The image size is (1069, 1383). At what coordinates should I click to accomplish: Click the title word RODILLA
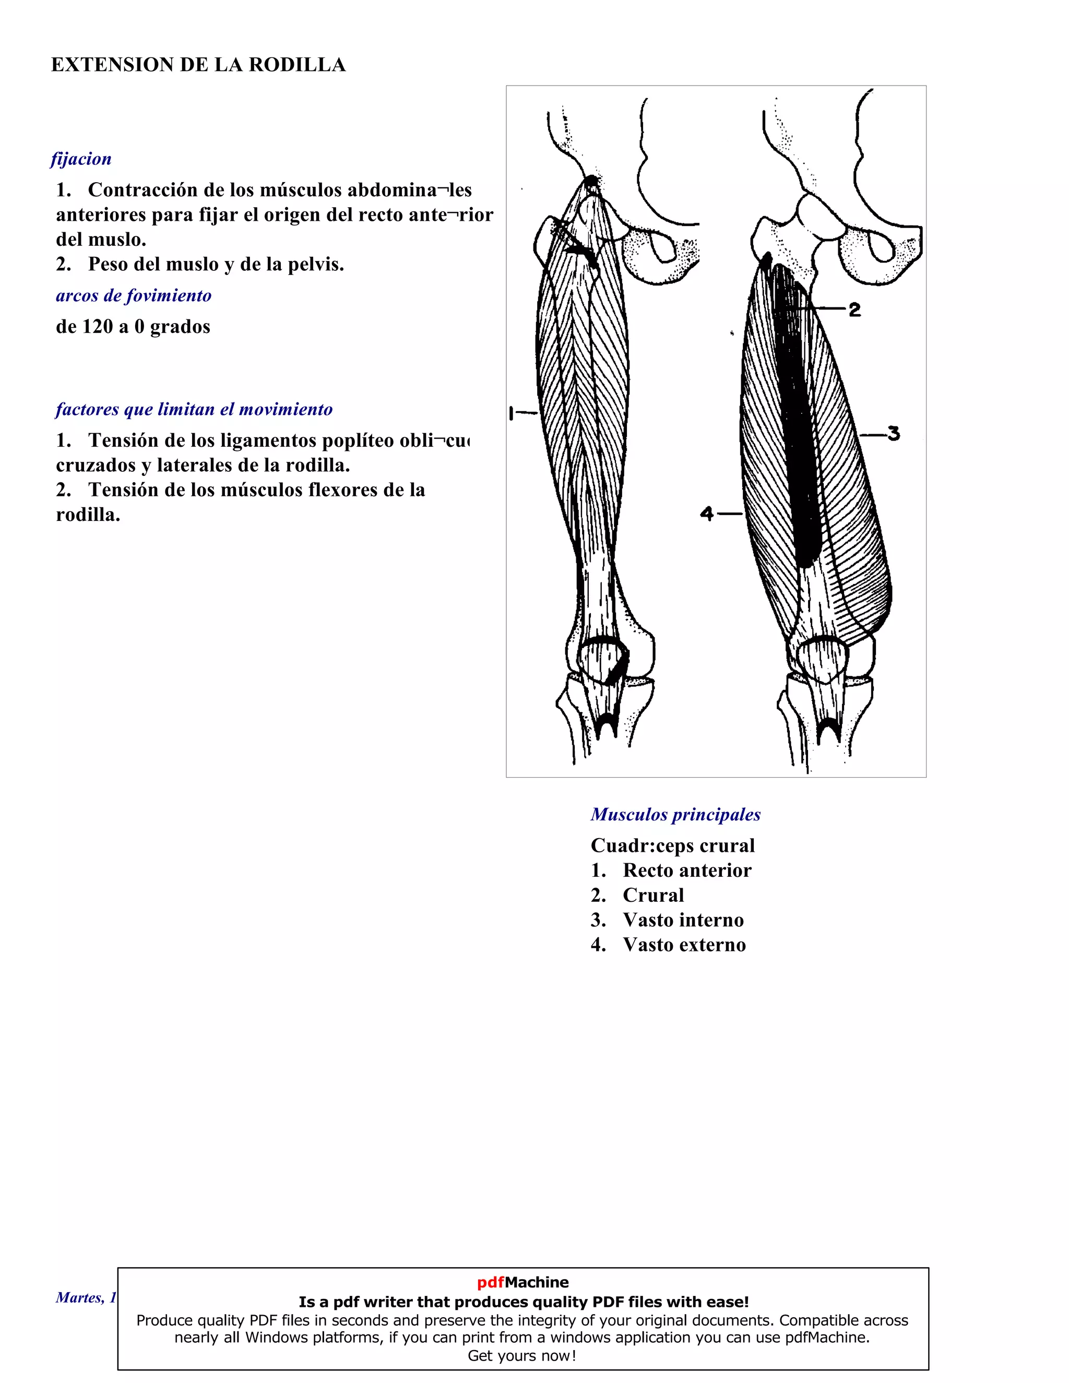pyautogui.click(x=297, y=65)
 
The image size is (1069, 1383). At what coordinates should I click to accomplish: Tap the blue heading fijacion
pyautogui.click(x=81, y=159)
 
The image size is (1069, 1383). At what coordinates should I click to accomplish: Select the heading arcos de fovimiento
pyautogui.click(x=134, y=296)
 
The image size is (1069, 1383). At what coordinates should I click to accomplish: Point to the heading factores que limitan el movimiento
pyautogui.click(x=194, y=410)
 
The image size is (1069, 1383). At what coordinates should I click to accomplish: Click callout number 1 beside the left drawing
pyautogui.click(x=512, y=413)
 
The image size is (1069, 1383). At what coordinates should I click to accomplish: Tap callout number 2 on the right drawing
pyautogui.click(x=854, y=309)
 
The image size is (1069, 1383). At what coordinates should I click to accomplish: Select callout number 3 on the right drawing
pyautogui.click(x=893, y=434)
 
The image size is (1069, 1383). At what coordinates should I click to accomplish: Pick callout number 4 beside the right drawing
pyautogui.click(x=707, y=514)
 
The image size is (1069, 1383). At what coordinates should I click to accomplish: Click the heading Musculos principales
pyautogui.click(x=676, y=815)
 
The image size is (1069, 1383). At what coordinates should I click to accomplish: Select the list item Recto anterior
pyautogui.click(x=687, y=871)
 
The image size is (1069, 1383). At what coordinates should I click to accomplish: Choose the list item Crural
pyautogui.click(x=653, y=896)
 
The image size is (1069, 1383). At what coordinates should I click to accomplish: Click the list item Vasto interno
pyautogui.click(x=683, y=920)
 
